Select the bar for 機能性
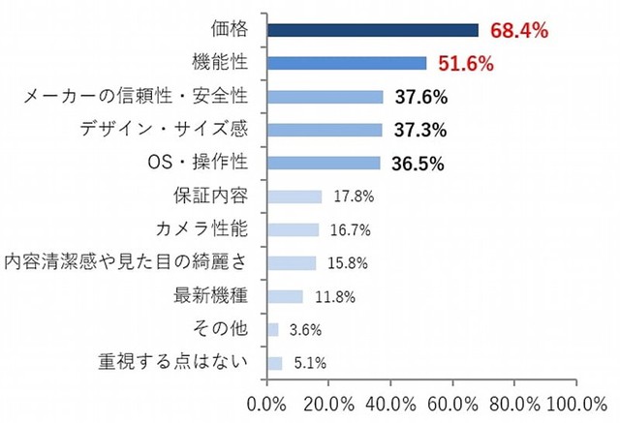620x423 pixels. tap(347, 64)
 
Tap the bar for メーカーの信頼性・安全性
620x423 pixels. tap(325, 97)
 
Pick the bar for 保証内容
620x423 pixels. tap(294, 196)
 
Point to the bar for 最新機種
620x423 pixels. tap(285, 296)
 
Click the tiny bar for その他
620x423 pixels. tap(272, 329)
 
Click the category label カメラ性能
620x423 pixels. tap(201, 229)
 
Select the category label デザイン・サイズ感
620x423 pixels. tap(169, 130)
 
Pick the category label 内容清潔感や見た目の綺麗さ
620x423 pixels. tap(126, 262)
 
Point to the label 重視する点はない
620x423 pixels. tap(173, 362)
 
